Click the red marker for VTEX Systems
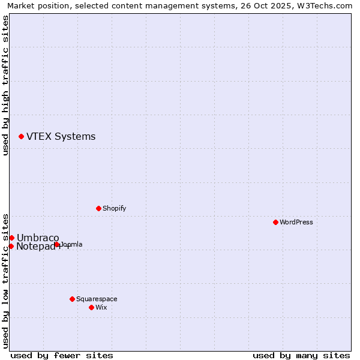[x=21, y=137]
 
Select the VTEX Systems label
[x=61, y=137]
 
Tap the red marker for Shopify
[x=98, y=208]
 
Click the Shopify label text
[x=114, y=208]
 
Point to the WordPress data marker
[x=275, y=222]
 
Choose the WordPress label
[x=296, y=222]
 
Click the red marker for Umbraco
[x=11, y=238]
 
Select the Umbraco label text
[x=38, y=238]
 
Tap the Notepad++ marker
[x=11, y=246]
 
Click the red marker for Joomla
[x=56, y=244]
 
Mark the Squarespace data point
[x=72, y=299]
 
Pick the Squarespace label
[x=97, y=299]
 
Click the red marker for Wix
[x=91, y=307]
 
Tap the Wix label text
[x=101, y=307]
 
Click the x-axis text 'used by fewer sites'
[x=62, y=355]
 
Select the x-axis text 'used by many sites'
[x=301, y=355]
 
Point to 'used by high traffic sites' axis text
[x=5, y=85]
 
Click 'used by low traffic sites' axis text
[x=5, y=280]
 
